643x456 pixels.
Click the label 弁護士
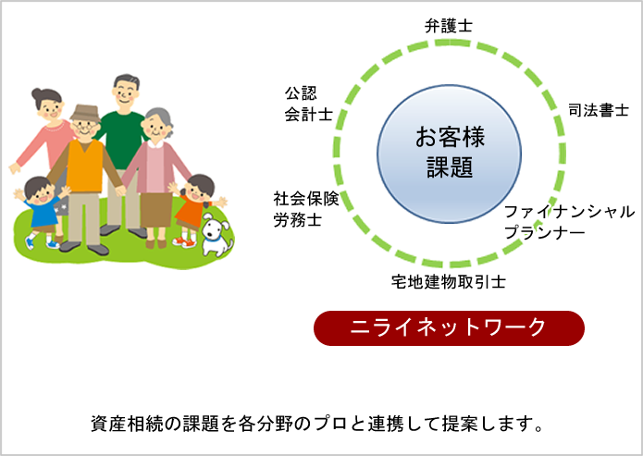[x=449, y=26]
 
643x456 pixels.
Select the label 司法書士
[x=599, y=111]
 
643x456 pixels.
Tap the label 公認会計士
[x=308, y=104]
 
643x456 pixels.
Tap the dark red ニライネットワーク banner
[x=449, y=327]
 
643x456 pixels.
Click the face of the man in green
[x=126, y=93]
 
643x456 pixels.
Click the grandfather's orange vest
[x=85, y=166]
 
